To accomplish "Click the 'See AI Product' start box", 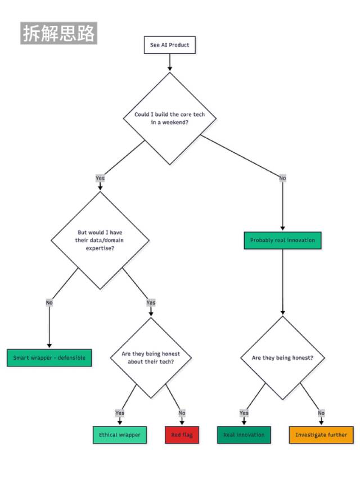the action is [170, 45].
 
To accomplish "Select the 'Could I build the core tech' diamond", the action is [170, 119].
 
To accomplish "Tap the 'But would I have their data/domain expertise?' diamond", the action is [100, 241].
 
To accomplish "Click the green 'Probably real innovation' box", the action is [282, 241].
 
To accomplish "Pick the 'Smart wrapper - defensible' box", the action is [49, 357].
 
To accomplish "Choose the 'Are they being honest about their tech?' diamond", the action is [151, 357].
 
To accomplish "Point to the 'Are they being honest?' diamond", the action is [282, 357].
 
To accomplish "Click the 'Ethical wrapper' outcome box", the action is [120, 434].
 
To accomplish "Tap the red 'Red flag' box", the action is [182, 434].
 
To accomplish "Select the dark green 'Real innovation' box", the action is [244, 434].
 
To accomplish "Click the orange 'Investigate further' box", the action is [321, 434].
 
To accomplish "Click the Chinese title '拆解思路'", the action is [59, 33].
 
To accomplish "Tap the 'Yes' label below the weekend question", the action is [100, 178].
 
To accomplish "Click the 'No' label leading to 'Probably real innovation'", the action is [282, 178].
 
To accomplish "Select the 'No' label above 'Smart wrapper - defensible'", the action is [49, 302].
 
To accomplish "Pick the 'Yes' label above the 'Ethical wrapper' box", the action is [120, 413].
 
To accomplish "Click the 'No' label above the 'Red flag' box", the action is [182, 413].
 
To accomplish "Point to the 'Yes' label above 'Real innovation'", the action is [244, 413].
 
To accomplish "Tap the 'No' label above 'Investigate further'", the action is [321, 413].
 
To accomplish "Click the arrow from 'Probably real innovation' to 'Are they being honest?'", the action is [282, 282].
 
